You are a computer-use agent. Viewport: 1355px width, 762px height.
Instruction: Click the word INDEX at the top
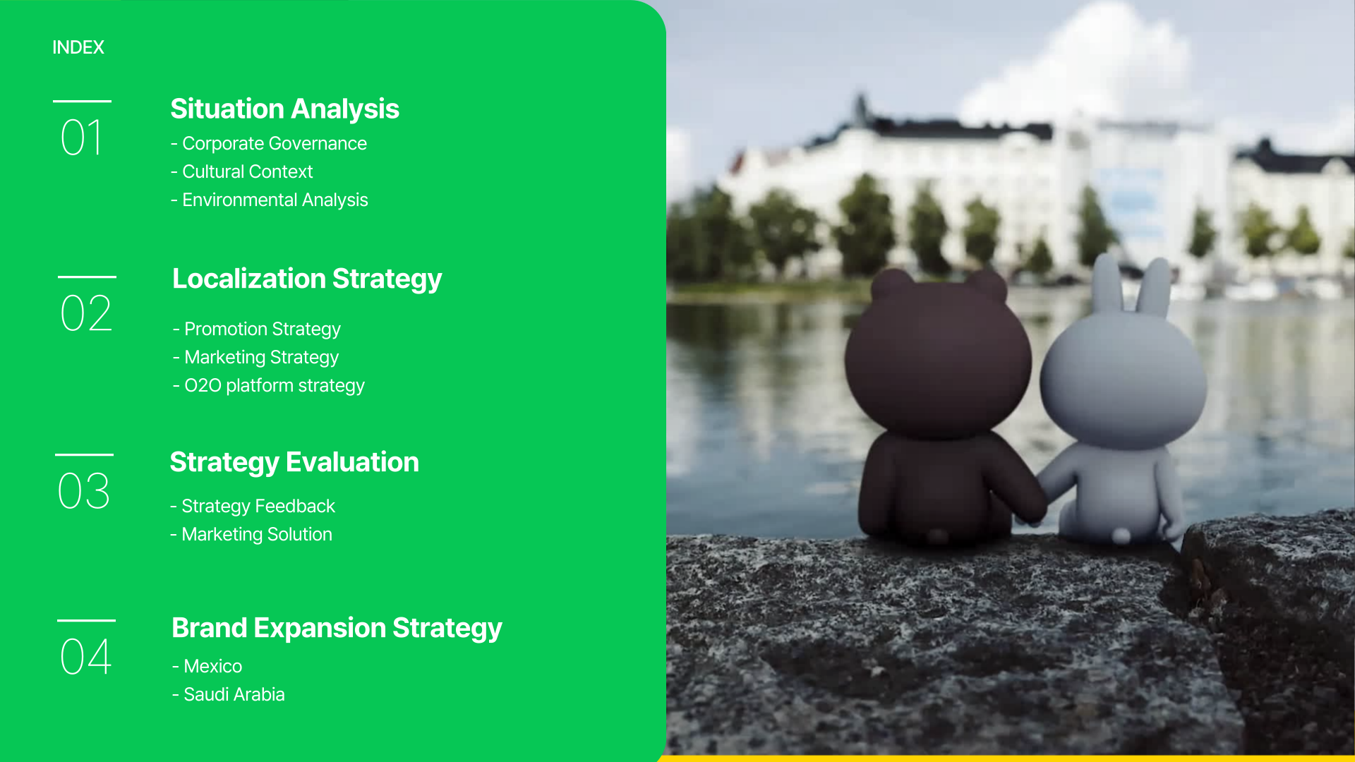(78, 47)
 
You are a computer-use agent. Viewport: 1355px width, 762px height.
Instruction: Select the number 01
(82, 138)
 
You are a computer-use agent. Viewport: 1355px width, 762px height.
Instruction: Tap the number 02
(86, 313)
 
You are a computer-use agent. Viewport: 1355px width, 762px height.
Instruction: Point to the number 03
(84, 491)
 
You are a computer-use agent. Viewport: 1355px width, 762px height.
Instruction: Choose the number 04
(86, 657)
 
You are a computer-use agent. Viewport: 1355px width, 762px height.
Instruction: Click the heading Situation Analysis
(284, 109)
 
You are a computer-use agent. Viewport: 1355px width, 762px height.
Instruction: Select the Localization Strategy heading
(307, 279)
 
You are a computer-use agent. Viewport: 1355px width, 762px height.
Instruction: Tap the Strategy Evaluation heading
(294, 463)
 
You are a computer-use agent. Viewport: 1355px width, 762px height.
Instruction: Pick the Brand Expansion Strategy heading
(337, 629)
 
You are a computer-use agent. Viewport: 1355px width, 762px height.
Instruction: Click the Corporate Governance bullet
(269, 143)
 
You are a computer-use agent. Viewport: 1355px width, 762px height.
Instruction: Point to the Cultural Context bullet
(241, 171)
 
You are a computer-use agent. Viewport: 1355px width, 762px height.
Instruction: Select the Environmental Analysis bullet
(270, 200)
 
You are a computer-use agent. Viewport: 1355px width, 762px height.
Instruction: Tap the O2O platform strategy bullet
(269, 385)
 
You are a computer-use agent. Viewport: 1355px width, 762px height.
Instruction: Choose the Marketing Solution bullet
(251, 534)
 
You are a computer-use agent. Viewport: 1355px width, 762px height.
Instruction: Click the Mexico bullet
(207, 666)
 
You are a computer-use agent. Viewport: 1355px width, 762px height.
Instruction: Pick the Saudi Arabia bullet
(229, 694)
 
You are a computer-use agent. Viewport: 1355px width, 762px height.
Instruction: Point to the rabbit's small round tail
(1121, 536)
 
